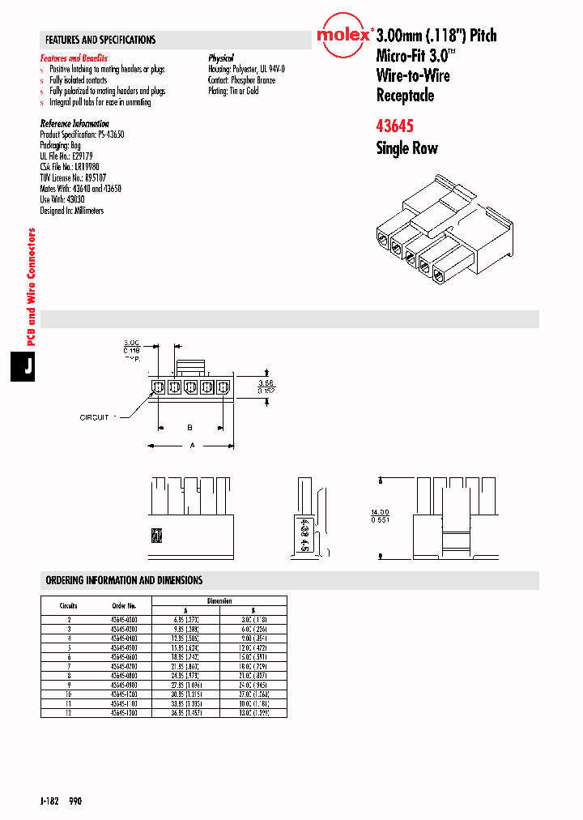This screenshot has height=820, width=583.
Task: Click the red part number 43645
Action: (396, 126)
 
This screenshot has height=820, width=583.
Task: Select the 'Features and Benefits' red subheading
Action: (74, 59)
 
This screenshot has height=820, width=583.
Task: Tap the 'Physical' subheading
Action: (221, 59)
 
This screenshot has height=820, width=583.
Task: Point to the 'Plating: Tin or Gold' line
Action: (233, 92)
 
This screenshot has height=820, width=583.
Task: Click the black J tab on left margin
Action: (27, 366)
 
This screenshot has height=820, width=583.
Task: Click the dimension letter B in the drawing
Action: (189, 426)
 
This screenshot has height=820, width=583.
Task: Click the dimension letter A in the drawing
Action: (191, 445)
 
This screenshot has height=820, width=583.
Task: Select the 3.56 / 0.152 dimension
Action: (266, 386)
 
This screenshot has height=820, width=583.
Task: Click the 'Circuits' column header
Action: (68, 605)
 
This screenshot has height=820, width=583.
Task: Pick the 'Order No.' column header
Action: (124, 605)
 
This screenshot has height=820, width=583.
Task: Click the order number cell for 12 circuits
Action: (124, 712)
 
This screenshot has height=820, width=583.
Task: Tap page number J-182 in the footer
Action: (49, 801)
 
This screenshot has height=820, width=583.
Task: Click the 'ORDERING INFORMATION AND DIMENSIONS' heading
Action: (124, 581)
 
